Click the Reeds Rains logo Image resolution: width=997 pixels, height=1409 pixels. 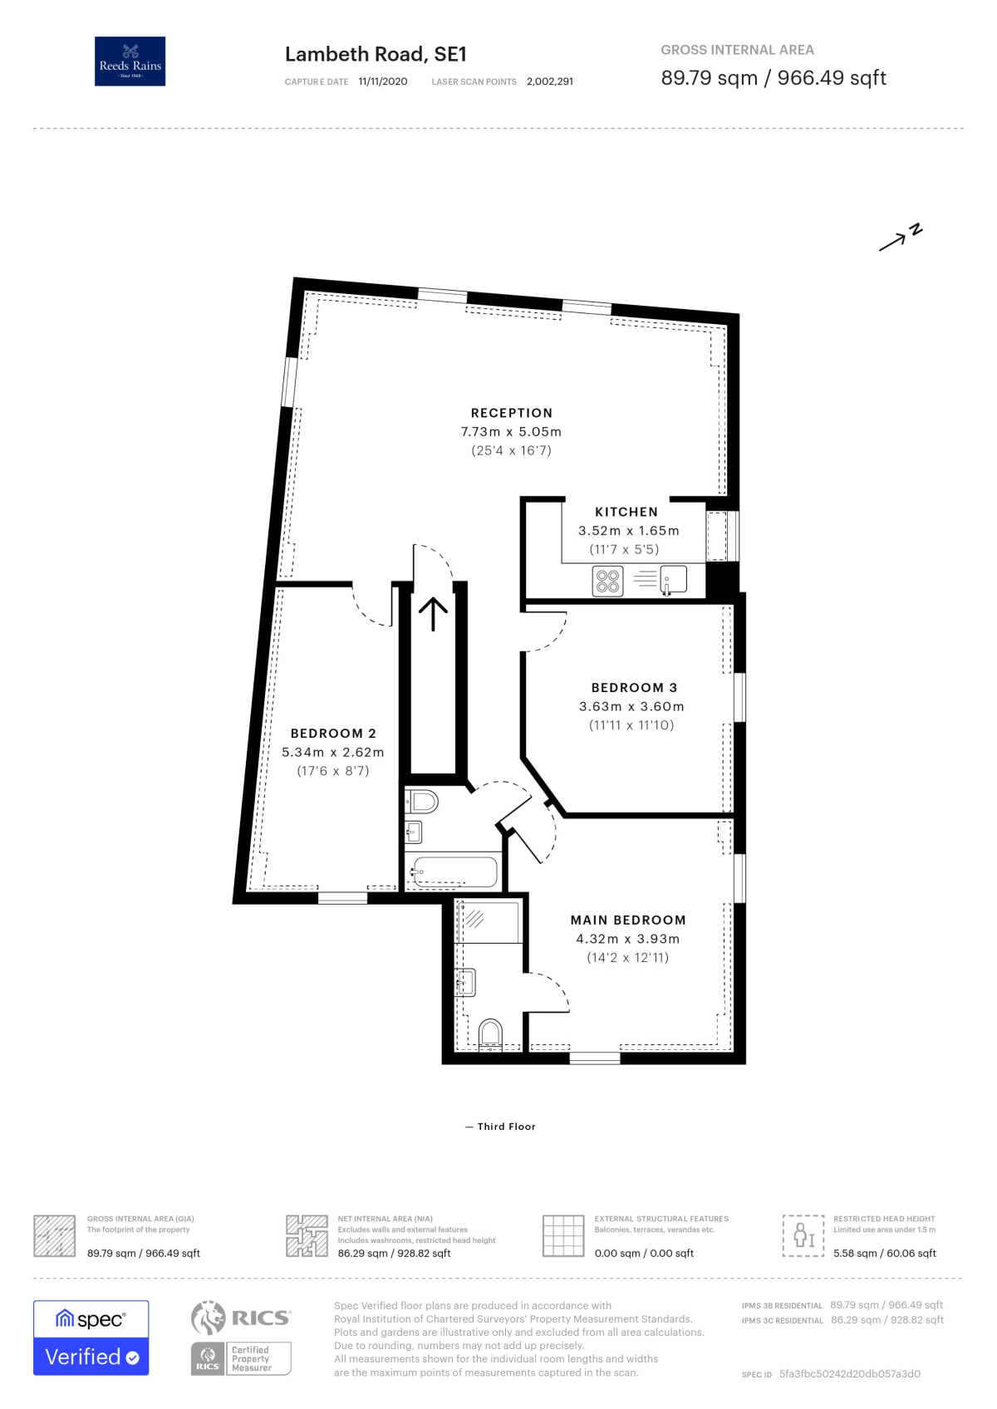pos(130,61)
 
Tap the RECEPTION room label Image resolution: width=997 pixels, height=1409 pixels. pos(511,413)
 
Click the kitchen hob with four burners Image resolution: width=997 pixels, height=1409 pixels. pos(607,581)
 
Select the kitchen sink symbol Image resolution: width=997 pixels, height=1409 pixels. pos(673,579)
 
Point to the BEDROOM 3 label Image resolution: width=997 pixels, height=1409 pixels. pos(634,688)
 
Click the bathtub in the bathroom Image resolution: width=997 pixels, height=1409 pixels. pos(454,872)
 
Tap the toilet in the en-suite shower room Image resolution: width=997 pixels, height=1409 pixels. pos(491,1034)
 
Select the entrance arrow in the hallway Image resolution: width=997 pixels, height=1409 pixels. pos(433,614)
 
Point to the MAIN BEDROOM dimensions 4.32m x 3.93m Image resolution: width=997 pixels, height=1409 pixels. pos(627,939)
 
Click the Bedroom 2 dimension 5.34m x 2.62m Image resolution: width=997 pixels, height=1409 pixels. pos(332,752)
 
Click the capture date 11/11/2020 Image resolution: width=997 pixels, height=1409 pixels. pos(382,81)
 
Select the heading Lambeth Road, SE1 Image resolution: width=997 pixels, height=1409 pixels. pos(376,54)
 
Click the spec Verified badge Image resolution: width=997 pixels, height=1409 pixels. pos(91,1338)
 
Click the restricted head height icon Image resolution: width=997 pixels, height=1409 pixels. pos(803,1235)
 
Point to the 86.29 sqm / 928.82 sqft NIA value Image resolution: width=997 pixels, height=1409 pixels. pos(394,1253)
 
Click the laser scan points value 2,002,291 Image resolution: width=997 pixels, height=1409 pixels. pos(549,81)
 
